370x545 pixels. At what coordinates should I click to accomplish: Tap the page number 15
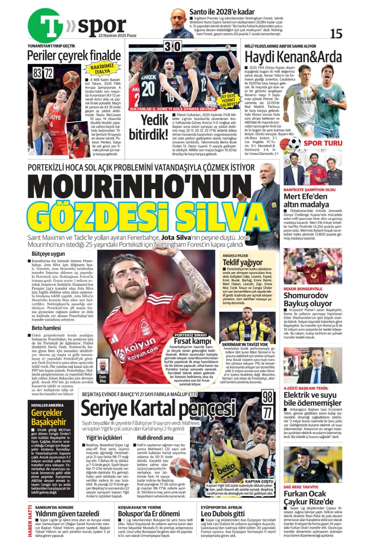coord(336,34)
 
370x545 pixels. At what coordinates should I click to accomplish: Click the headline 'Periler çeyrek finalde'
coord(74,56)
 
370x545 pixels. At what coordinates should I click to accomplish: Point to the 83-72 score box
coord(43,73)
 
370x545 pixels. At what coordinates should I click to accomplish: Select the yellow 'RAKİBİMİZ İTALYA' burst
coord(102,69)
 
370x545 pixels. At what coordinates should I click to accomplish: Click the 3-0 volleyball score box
coord(172,46)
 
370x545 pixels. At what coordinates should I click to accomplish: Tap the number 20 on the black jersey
coord(148,88)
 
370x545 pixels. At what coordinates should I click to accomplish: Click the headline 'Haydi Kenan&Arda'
coord(293,57)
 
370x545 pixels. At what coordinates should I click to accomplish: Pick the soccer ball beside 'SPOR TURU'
coord(294,143)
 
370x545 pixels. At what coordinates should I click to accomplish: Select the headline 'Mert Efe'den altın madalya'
coord(306,200)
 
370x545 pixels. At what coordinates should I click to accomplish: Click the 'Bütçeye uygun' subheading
coord(48,254)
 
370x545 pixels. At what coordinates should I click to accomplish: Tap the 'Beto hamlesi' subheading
coord(46,328)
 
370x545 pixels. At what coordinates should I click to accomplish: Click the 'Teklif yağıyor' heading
coord(243,262)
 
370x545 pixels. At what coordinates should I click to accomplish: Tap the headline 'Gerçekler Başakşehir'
coord(49,417)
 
